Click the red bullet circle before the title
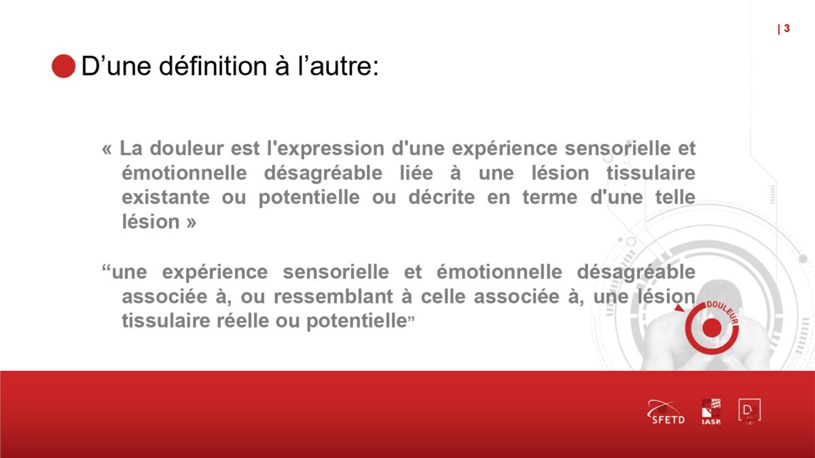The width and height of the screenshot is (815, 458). point(64,67)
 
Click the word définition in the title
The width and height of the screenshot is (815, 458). point(213,66)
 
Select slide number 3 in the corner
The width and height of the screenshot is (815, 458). point(787,29)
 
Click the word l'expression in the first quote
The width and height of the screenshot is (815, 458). point(325,149)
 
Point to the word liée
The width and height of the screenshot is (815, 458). point(416,173)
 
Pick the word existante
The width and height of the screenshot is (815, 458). point(166,197)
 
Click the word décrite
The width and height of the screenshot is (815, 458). point(441,197)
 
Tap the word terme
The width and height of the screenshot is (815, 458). point(549,198)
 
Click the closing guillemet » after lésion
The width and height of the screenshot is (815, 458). point(192,222)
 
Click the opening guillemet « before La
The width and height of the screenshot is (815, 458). point(107,149)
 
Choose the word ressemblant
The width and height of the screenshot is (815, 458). point(333,296)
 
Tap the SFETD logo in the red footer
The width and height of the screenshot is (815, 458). point(666,412)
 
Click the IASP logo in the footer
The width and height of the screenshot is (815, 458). point(711,411)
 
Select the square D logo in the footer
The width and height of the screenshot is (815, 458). point(750,411)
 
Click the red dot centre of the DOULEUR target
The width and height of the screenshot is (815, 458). point(712,328)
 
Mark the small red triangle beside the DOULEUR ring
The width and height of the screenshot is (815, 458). point(679,309)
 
